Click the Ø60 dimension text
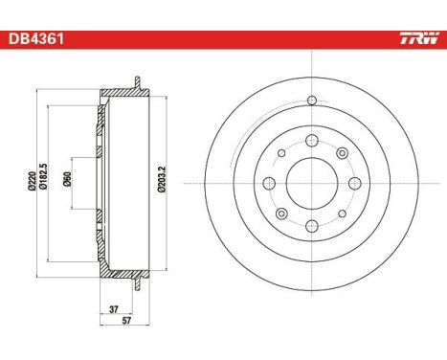65,183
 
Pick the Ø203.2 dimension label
162,183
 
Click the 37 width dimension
115,308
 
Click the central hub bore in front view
312,183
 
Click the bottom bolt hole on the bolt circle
312,225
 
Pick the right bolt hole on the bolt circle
354,183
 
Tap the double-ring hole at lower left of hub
282,213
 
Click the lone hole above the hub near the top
312,102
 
